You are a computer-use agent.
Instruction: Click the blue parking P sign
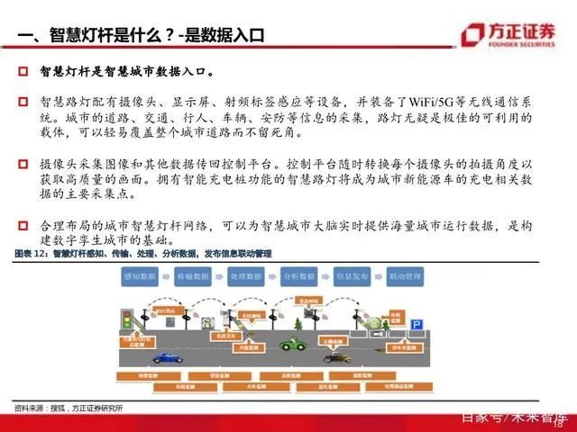417,322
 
